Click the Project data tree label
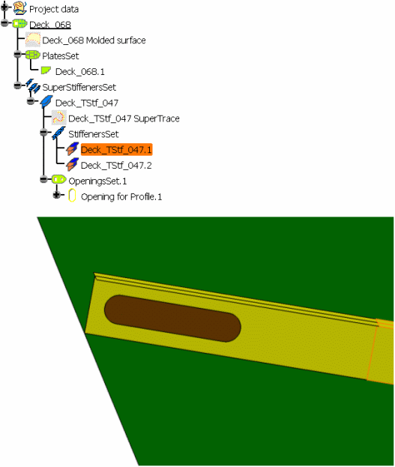point(54,9)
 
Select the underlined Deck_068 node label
point(50,25)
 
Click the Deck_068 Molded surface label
point(94,40)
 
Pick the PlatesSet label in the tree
point(61,55)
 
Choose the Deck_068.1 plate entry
point(80,71)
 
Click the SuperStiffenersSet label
point(79,87)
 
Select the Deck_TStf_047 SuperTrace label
point(124,118)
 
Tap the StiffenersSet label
point(94,134)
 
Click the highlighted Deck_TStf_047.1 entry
point(116,149)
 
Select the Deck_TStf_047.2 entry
point(116,166)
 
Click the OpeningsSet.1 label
point(97,181)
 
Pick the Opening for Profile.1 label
point(121,196)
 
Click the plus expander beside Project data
point(4,7)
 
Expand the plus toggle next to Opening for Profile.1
point(57,195)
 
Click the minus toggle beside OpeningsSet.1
point(44,179)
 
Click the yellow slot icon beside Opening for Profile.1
point(72,196)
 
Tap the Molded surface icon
point(33,40)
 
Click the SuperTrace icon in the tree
point(58,118)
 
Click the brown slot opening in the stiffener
point(172,319)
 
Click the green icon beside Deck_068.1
point(46,70)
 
